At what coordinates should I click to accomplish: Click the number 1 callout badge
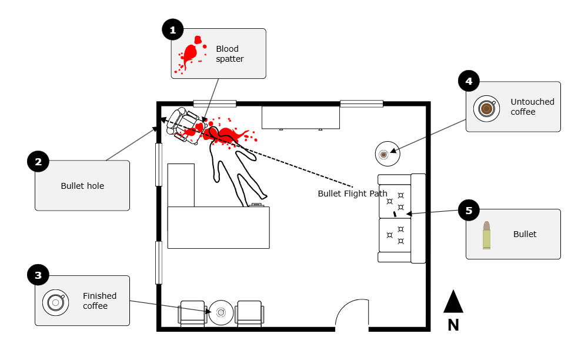point(173,30)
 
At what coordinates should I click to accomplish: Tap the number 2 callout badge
point(38,162)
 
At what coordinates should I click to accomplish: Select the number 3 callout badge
point(38,275)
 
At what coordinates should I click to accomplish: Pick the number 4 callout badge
point(469,82)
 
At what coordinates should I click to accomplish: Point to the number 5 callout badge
point(469,211)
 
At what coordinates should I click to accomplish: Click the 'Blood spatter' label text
point(229,54)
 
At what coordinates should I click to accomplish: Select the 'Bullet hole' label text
point(82,186)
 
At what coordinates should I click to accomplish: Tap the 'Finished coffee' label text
point(99,301)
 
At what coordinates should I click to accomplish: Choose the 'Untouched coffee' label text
point(532,106)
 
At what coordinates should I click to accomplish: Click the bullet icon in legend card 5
point(486,235)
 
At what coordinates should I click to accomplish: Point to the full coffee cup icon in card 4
point(486,108)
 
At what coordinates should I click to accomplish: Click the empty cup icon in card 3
point(55,302)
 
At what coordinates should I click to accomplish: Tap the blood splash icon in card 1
point(191,55)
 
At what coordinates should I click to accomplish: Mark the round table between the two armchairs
point(221,312)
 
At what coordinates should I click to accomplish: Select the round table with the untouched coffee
point(387,154)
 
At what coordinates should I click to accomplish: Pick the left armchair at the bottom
point(192,314)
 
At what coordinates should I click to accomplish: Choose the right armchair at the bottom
point(249,314)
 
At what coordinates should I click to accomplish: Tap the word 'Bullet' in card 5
point(524,234)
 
